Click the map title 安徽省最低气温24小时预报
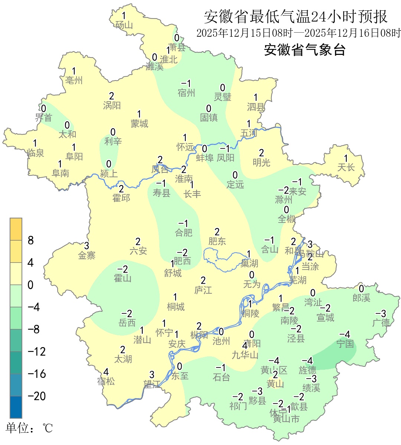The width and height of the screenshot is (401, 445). tap(296, 17)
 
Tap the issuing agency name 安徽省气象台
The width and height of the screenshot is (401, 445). tap(304, 50)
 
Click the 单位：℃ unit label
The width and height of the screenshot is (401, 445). tap(29, 428)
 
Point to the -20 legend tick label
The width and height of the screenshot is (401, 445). tap(37, 396)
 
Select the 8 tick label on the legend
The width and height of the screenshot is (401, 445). tap(31, 240)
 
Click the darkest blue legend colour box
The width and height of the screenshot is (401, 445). tap(16, 407)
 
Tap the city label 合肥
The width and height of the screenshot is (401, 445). tap(184, 233)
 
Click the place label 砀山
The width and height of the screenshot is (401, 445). tap(124, 25)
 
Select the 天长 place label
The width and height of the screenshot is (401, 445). tap(346, 167)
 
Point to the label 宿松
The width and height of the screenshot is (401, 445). tap(106, 381)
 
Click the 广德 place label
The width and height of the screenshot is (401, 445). tap(381, 322)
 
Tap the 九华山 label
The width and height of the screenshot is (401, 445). tap(245, 355)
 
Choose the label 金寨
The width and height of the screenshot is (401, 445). tap(87, 255)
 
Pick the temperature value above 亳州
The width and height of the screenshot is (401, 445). tap(74, 71)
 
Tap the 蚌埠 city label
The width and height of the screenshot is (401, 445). tap(205, 158)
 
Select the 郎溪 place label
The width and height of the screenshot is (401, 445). tap(361, 297)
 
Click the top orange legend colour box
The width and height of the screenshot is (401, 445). tap(16, 229)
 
